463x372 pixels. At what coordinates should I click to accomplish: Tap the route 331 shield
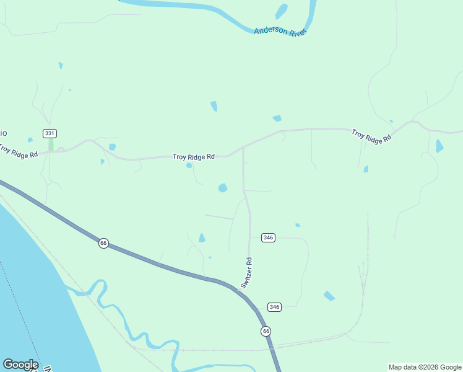[50, 133]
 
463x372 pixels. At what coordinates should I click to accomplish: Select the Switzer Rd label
[247, 273]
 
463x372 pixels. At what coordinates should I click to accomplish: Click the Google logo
[20, 365]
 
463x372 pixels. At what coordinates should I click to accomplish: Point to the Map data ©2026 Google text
[425, 367]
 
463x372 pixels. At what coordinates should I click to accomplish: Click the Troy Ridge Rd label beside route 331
[19, 151]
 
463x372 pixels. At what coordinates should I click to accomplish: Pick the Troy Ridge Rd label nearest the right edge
[371, 136]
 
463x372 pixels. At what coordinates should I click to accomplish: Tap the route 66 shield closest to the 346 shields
[266, 330]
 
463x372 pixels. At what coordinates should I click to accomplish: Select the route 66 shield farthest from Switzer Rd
[103, 243]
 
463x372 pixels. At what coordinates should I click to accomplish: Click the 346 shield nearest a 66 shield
[275, 307]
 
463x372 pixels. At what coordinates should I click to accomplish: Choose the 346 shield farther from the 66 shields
[268, 237]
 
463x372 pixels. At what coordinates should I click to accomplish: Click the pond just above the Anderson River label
[282, 11]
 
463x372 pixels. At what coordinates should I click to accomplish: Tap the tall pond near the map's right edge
[439, 146]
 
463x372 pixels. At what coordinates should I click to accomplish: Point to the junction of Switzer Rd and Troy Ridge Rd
[243, 148]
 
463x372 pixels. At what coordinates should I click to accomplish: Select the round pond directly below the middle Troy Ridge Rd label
[189, 166]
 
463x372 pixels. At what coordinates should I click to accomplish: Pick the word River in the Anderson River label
[297, 32]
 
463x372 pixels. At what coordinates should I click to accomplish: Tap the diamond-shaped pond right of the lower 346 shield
[329, 296]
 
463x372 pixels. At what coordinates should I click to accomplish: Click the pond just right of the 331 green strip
[112, 147]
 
